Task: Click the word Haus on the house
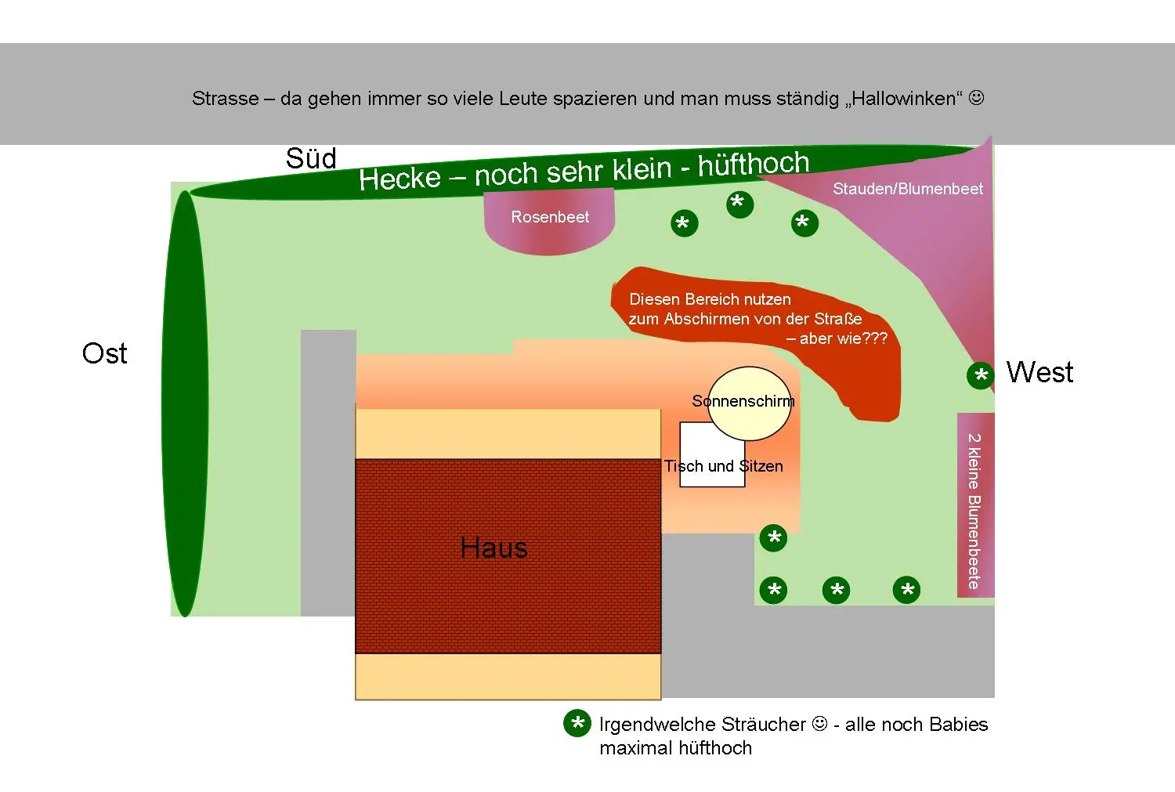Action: (x=493, y=548)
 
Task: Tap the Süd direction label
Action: (x=311, y=159)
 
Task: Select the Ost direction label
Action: (x=104, y=353)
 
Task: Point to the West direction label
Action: (x=1039, y=372)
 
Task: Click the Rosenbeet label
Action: (x=550, y=217)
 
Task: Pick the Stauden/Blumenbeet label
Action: (x=907, y=189)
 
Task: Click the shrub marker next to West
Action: (x=980, y=376)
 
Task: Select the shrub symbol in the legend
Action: (x=577, y=724)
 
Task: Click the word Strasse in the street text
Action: (x=225, y=99)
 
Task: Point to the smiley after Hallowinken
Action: (x=976, y=98)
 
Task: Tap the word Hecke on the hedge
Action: (x=400, y=179)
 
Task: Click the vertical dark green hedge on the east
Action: (x=185, y=403)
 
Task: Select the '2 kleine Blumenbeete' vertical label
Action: (x=974, y=511)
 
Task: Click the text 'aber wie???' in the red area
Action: (x=844, y=338)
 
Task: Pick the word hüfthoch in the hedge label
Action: (x=753, y=165)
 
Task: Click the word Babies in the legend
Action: (x=956, y=725)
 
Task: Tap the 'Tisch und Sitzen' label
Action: (x=723, y=466)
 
